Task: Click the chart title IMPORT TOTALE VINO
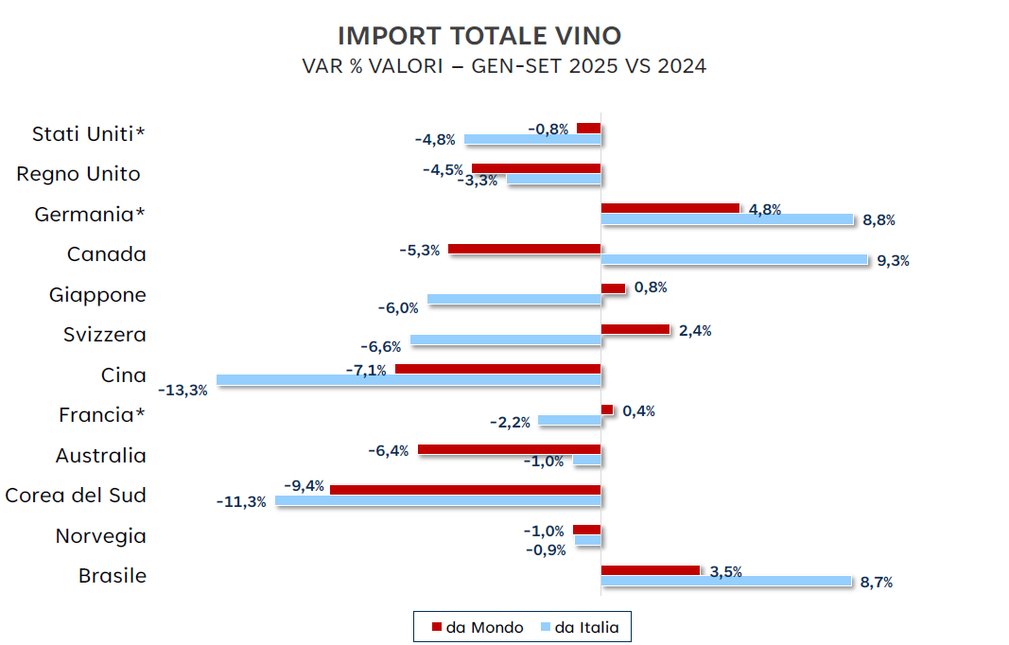(x=479, y=36)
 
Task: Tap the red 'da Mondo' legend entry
(x=478, y=627)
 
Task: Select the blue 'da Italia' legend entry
(x=579, y=627)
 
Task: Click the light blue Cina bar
(x=409, y=380)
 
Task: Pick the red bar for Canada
(x=524, y=249)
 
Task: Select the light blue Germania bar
(x=726, y=219)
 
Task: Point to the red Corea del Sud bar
(x=465, y=490)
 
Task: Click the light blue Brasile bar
(x=725, y=581)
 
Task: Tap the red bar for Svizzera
(x=635, y=329)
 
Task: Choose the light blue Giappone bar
(x=513, y=300)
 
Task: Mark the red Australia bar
(x=509, y=450)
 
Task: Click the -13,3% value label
(x=183, y=390)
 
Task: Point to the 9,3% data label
(x=893, y=261)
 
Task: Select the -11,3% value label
(x=241, y=501)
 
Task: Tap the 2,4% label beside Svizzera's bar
(x=695, y=331)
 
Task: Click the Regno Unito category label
(x=78, y=174)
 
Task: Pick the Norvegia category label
(x=100, y=536)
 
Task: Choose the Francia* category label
(x=102, y=415)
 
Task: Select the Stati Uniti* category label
(x=89, y=133)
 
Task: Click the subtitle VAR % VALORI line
(x=504, y=67)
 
